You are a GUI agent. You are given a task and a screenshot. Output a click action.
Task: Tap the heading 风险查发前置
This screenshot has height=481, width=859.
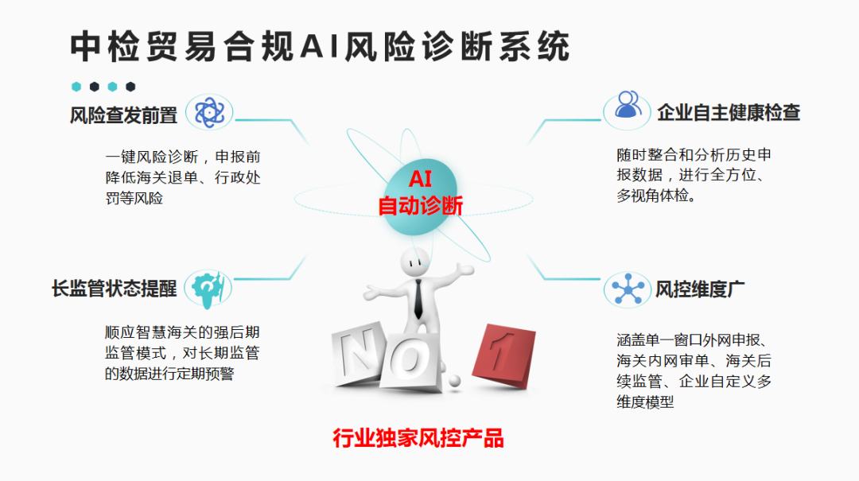[x=124, y=115]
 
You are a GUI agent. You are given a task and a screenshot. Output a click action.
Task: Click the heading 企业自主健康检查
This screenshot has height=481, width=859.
[x=728, y=112]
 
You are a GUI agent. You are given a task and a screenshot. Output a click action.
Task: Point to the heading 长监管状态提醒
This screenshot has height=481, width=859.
[x=114, y=289]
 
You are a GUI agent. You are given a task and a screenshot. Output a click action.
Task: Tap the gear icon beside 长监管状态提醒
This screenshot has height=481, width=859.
[x=208, y=288]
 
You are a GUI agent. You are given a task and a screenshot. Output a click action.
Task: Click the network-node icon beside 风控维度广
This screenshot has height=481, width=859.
[x=627, y=289]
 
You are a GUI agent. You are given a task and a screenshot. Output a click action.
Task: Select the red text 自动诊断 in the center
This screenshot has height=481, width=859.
[x=420, y=206]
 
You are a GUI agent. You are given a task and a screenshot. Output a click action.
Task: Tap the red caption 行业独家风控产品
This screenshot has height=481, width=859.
[x=418, y=437]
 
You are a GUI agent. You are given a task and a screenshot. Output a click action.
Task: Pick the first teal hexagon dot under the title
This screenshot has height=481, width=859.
[x=76, y=87]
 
